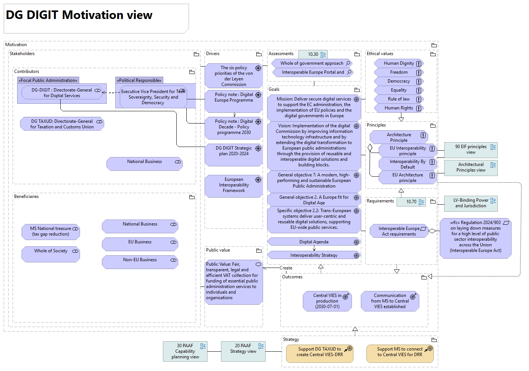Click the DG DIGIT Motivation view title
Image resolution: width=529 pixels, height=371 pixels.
tap(79, 15)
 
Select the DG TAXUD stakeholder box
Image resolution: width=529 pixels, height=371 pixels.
tap(62, 124)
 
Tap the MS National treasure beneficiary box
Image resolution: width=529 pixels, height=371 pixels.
tap(51, 231)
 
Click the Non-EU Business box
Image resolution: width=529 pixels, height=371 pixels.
tap(140, 262)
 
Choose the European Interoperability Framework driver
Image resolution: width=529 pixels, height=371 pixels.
tap(234, 185)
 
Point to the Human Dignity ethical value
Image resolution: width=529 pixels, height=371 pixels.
tap(399, 63)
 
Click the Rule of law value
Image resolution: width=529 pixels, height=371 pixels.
tap(399, 99)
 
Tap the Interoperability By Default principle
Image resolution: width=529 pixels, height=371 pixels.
tap(407, 164)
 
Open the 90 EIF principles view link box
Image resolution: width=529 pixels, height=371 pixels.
tap(471, 150)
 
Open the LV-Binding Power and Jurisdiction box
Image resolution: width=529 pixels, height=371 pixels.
tap(471, 203)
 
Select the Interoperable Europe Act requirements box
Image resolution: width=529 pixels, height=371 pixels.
tap(399, 231)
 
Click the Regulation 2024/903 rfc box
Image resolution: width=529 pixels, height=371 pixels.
tap(475, 238)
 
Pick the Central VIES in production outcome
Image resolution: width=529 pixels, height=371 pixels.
tap(327, 301)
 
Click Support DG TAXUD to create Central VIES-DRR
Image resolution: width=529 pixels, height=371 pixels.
tap(320, 353)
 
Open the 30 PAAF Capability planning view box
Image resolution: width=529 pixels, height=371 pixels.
tap(185, 351)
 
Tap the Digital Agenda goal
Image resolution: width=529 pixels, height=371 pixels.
tap(314, 242)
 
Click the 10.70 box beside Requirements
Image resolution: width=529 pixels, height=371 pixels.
tap(411, 202)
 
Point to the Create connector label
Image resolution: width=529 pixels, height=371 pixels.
tap(286, 268)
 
